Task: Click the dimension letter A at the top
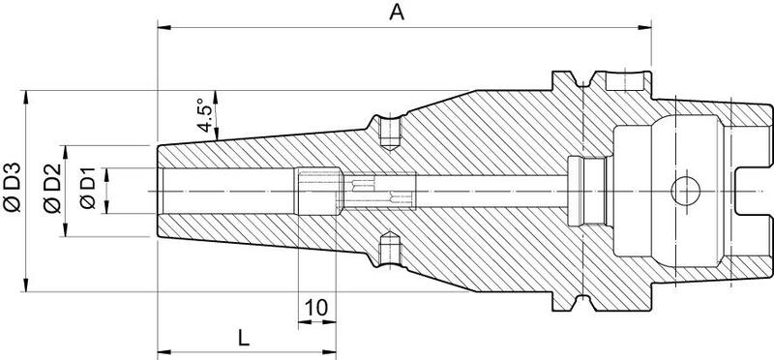(x=397, y=13)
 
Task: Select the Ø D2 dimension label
(x=52, y=188)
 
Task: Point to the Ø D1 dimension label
(x=87, y=188)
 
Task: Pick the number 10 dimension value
(x=316, y=308)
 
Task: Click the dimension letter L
(x=244, y=339)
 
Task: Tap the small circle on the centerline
(x=686, y=191)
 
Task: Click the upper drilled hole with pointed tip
(x=390, y=133)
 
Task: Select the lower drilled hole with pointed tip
(x=390, y=250)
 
